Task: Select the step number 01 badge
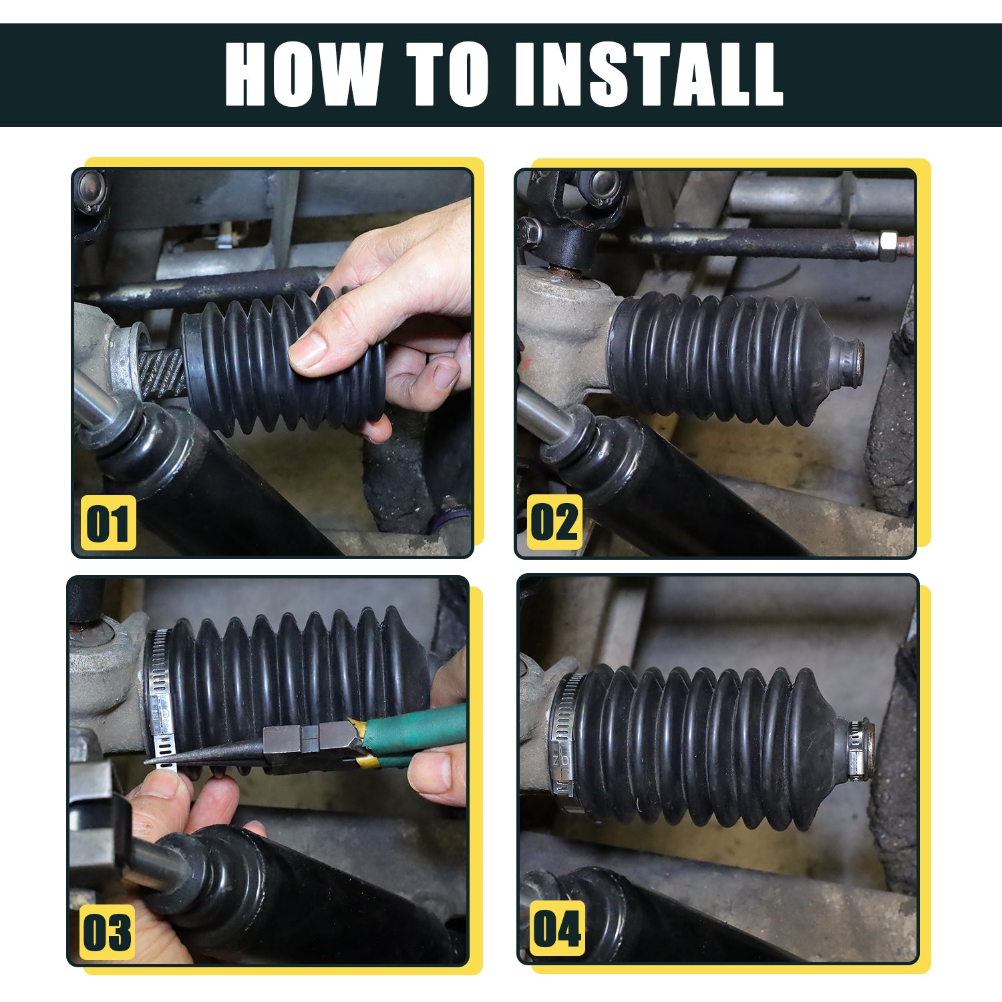tap(108, 523)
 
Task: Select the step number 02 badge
tap(554, 522)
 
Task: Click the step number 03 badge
tap(107, 932)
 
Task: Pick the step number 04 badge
tap(557, 929)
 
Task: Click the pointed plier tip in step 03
tap(148, 761)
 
